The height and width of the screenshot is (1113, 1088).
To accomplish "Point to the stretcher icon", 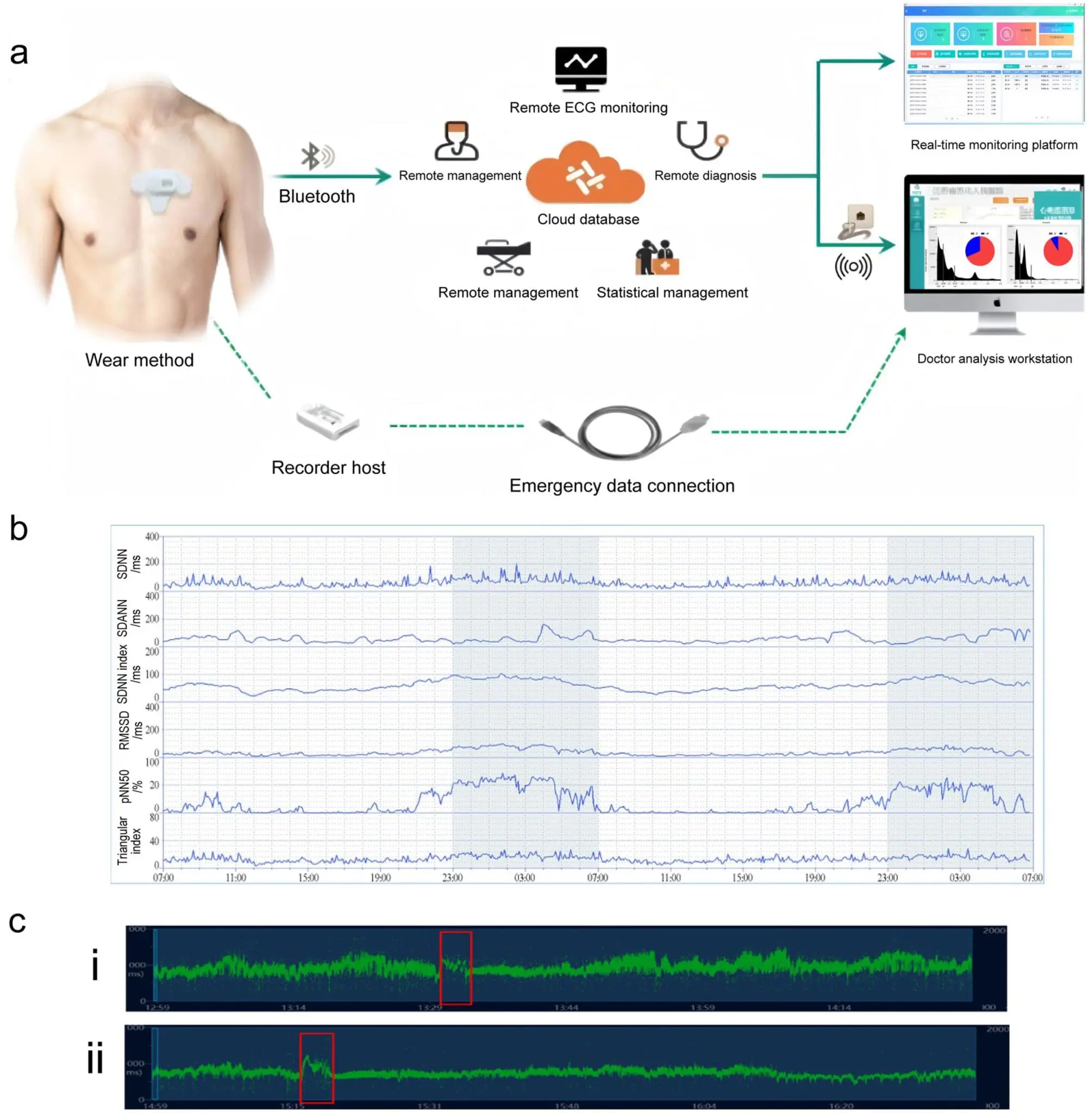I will tap(503, 258).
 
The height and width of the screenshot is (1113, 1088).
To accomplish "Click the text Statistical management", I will tap(672, 293).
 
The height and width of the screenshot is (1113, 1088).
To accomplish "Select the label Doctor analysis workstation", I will tap(995, 359).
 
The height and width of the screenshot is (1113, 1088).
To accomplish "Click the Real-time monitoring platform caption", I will tap(994, 145).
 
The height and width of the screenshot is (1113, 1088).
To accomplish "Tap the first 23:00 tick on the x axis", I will tap(453, 878).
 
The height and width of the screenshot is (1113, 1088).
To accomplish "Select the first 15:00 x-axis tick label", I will tap(308, 878).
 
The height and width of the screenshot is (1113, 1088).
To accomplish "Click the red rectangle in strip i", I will tap(455, 968).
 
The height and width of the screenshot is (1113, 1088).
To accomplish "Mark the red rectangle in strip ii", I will tap(317, 1068).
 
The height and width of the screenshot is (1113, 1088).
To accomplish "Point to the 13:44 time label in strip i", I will tap(566, 1008).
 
